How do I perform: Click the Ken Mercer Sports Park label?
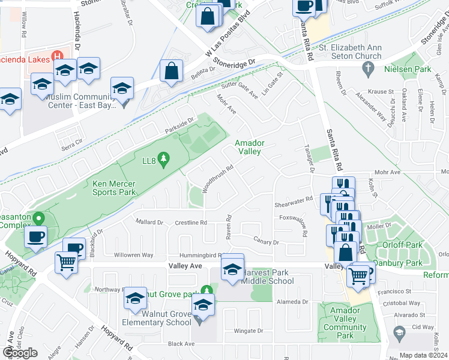(114, 188)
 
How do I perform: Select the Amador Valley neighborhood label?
(248, 147)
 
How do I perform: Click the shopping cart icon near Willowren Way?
(67, 262)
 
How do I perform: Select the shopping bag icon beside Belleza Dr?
(172, 71)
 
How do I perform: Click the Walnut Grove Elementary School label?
(158, 318)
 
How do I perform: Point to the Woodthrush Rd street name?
(217, 179)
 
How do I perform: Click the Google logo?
(20, 353)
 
